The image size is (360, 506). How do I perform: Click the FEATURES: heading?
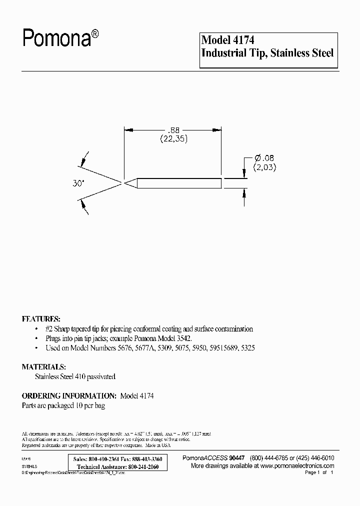41,318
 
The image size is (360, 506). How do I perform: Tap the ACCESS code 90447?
236,458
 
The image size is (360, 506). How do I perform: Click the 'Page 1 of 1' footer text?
318,472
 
